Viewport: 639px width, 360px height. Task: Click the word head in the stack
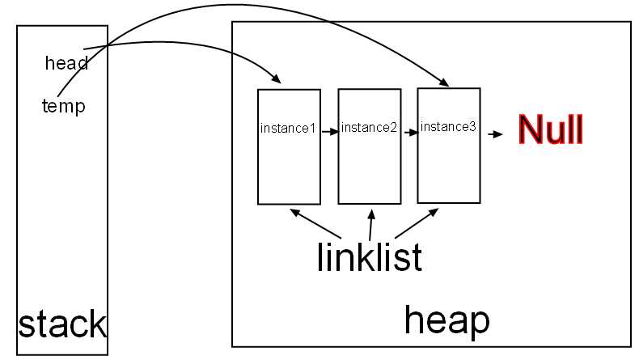click(x=66, y=63)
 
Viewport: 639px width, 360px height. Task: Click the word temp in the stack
click(x=63, y=105)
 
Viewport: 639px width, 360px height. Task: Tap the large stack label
click(x=62, y=324)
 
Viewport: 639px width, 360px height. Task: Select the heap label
click(x=446, y=320)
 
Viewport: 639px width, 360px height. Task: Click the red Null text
click(x=550, y=129)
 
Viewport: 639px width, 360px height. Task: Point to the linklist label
click(x=369, y=257)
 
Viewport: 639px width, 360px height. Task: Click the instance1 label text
click(x=288, y=129)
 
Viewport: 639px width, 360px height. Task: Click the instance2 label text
click(x=369, y=128)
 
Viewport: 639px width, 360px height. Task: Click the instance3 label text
click(x=448, y=126)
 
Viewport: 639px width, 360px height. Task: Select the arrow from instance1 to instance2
click(x=328, y=129)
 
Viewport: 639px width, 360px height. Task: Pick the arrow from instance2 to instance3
click(x=408, y=129)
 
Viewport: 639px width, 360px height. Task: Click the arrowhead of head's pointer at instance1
click(x=277, y=80)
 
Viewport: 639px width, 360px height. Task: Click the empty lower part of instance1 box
click(x=288, y=174)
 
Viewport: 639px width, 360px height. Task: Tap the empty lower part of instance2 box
click(x=369, y=174)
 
